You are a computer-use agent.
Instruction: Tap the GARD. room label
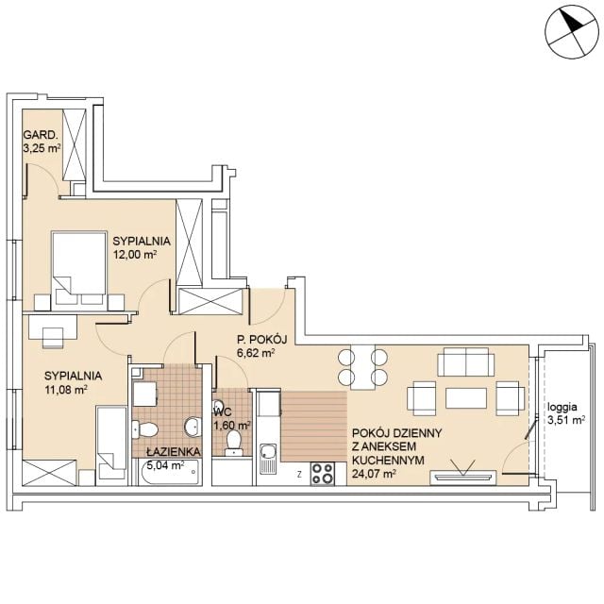coord(41,135)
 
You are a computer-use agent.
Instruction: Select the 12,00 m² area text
coord(134,254)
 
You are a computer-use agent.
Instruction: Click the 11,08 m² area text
coord(65,390)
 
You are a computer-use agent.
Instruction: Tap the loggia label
coord(562,407)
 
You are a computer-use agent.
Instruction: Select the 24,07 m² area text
coord(374,474)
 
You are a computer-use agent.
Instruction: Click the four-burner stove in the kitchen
coord(323,473)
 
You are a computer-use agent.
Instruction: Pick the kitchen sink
coord(268,458)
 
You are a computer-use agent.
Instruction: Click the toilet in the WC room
coord(233,443)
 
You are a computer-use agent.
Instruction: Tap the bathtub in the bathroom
coord(170,472)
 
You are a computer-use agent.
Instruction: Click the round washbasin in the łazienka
coord(192,427)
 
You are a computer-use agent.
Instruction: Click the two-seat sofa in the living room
coord(466,361)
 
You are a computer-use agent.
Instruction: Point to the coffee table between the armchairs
coord(466,398)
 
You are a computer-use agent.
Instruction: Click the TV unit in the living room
coord(463,477)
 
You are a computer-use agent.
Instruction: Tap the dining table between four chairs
coord(362,367)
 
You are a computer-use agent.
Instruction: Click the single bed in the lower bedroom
coord(111,445)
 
